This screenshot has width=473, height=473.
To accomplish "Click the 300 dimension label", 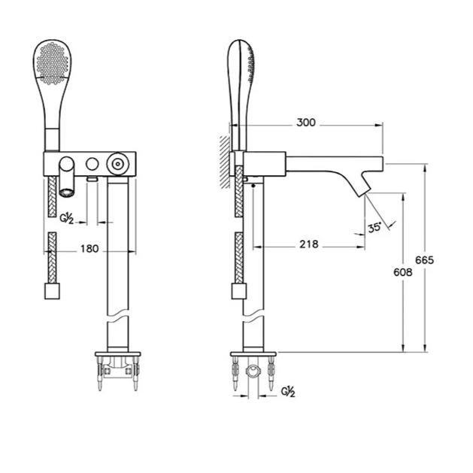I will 305,121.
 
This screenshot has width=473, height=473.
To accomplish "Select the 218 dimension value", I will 308,244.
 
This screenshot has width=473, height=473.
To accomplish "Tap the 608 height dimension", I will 402,272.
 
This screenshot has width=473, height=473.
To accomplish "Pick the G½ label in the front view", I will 67,218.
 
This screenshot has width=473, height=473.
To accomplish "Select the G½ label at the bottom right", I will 287,391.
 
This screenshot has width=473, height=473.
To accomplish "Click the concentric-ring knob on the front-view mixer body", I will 117,162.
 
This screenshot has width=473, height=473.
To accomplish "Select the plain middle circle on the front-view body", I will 92,162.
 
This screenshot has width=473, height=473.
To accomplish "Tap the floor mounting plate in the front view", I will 117,354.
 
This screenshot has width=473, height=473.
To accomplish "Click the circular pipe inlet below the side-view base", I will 254,371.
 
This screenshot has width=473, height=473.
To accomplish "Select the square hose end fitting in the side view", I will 238,290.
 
